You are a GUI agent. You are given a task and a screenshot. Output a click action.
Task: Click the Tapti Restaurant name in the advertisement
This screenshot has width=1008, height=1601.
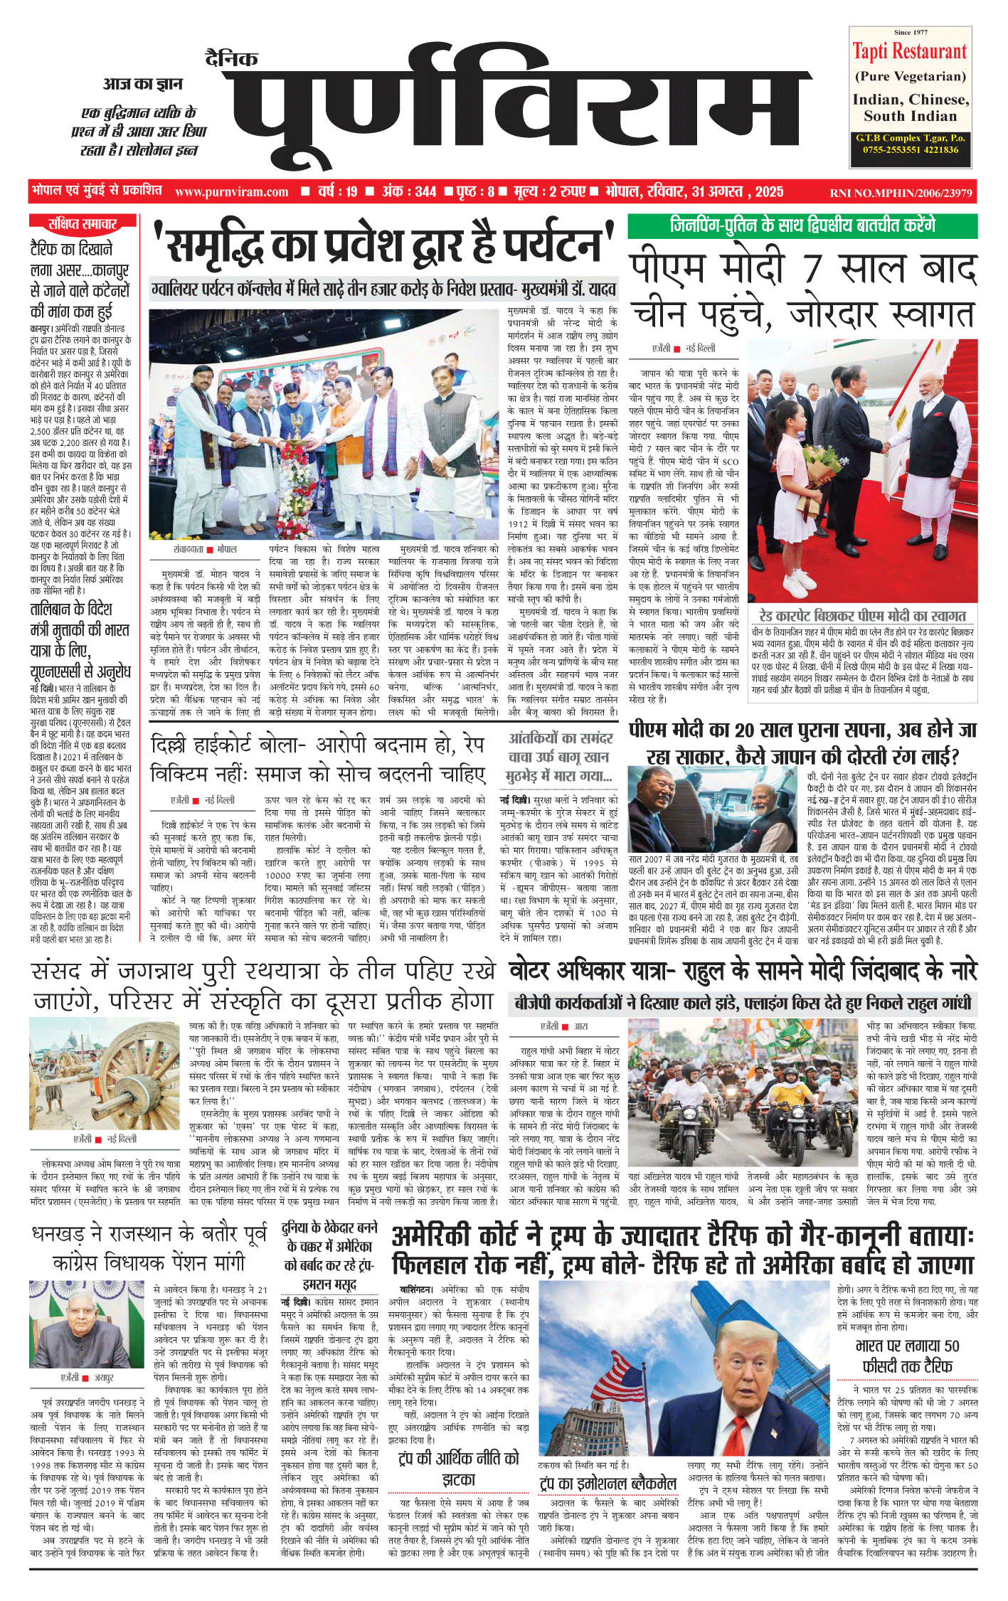point(910,52)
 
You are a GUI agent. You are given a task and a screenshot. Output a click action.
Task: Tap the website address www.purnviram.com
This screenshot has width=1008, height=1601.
point(231,191)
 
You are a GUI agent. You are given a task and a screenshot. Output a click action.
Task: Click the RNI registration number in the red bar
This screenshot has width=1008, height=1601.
point(901,193)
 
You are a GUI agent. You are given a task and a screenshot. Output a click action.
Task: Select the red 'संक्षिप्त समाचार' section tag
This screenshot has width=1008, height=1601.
point(83,224)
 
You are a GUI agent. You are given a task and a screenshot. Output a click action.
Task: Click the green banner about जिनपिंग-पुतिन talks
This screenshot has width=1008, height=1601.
point(802,225)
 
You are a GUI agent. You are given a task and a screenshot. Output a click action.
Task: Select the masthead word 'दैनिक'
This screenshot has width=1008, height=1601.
point(232,58)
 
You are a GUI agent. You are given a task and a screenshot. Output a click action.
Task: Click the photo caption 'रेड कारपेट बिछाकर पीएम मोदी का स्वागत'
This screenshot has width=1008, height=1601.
point(861,616)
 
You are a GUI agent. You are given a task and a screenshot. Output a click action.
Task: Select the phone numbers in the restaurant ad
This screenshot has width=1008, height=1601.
point(910,149)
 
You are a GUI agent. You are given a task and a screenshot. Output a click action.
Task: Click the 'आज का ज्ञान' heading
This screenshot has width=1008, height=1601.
point(142,85)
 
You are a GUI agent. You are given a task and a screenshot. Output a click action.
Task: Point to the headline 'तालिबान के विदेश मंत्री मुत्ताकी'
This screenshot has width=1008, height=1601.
point(80,641)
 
